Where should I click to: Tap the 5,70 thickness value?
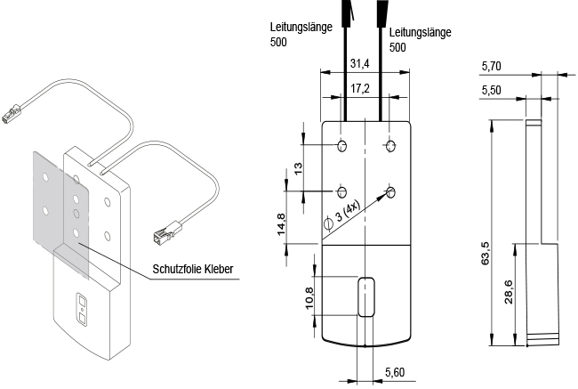(491, 66)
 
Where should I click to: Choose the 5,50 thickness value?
(491, 91)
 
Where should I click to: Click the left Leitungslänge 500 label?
(301, 34)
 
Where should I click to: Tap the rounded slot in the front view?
(364, 296)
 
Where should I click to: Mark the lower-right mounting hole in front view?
(391, 190)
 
